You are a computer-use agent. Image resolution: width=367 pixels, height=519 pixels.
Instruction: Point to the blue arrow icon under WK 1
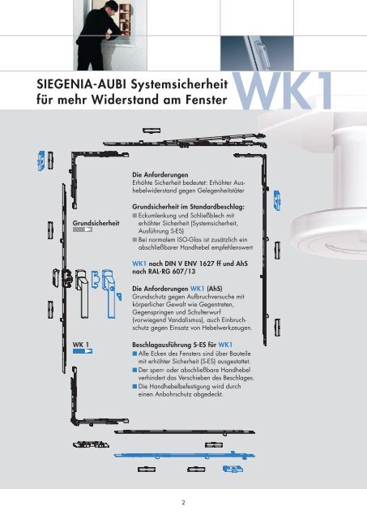[83, 351]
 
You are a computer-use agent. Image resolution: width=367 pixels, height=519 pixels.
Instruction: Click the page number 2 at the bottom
[184, 502]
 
